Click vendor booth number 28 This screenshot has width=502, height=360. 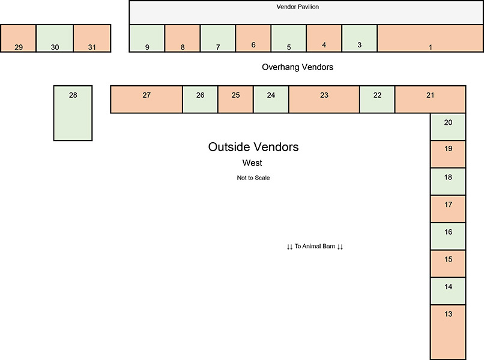coord(73,113)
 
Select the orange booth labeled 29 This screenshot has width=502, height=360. coord(18,39)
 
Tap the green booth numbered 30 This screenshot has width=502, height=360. coord(55,39)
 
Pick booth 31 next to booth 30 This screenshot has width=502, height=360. coord(92,39)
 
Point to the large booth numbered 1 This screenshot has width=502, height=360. coord(430,39)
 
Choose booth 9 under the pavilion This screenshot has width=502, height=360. coord(147,39)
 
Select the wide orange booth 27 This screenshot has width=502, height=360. coord(147,99)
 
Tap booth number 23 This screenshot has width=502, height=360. coord(324,99)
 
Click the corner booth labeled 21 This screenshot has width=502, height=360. coord(430,99)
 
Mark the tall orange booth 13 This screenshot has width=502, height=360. coord(448,332)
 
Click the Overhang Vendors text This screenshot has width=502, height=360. coord(297,67)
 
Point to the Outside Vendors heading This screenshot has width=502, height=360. coord(253,147)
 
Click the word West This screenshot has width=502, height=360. coord(252,163)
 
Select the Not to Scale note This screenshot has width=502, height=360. coord(253,178)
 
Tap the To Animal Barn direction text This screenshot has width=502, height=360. coord(315,247)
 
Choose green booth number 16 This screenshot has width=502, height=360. coord(448,236)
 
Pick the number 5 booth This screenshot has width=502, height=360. coord(288,39)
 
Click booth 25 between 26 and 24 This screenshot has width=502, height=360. coord(235,99)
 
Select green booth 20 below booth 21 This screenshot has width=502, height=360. coord(448,126)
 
